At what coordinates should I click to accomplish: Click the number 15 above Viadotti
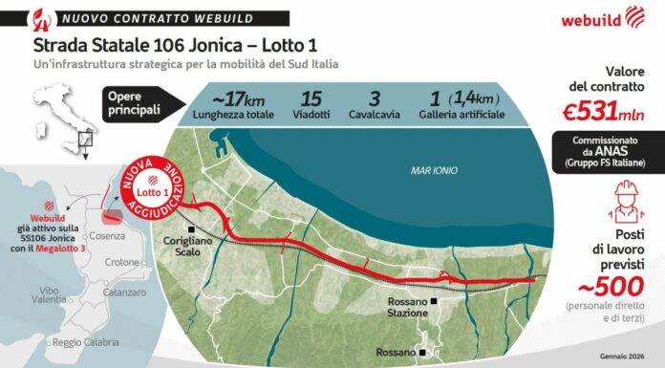(x=311, y=98)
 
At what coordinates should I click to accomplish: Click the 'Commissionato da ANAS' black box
(x=608, y=152)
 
